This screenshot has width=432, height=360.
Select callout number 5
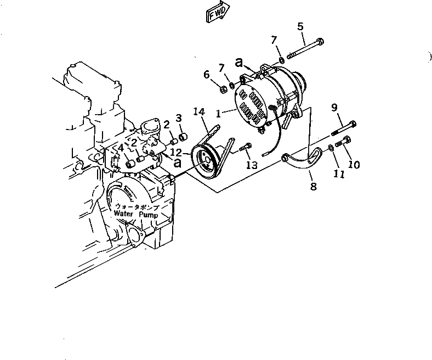pos(300,26)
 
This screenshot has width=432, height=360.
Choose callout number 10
pos(354,164)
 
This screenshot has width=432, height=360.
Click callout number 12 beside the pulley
pos(176,152)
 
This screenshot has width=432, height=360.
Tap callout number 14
pos(198,113)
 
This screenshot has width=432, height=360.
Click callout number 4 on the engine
pos(120,148)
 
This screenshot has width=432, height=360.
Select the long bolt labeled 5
pos(304,49)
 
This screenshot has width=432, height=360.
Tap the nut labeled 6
pos(224,88)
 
